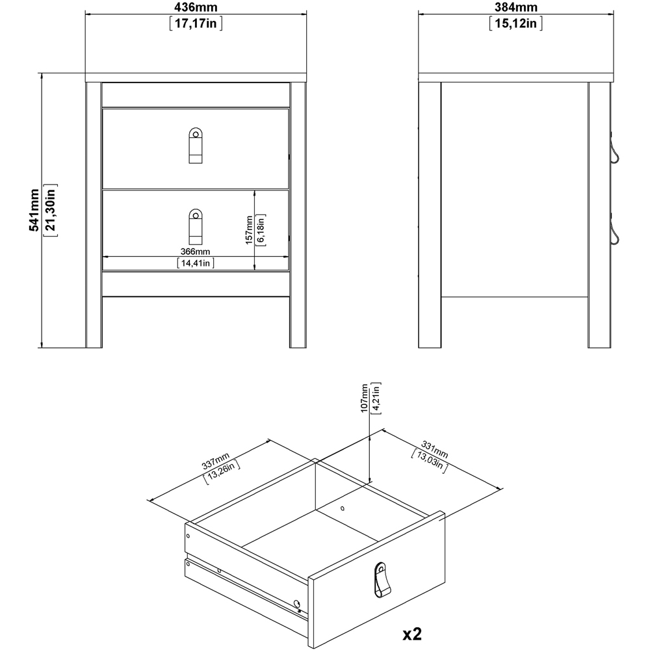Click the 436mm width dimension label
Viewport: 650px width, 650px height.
pos(196,8)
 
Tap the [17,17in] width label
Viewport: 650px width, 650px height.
pos(196,24)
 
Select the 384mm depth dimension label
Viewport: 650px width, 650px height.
pos(515,8)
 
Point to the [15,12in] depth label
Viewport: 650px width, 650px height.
pos(515,24)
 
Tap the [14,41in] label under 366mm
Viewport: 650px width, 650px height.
pos(196,263)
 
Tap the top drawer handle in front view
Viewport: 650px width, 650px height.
pos(195,145)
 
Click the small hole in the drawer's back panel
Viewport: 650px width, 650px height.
pos(343,508)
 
